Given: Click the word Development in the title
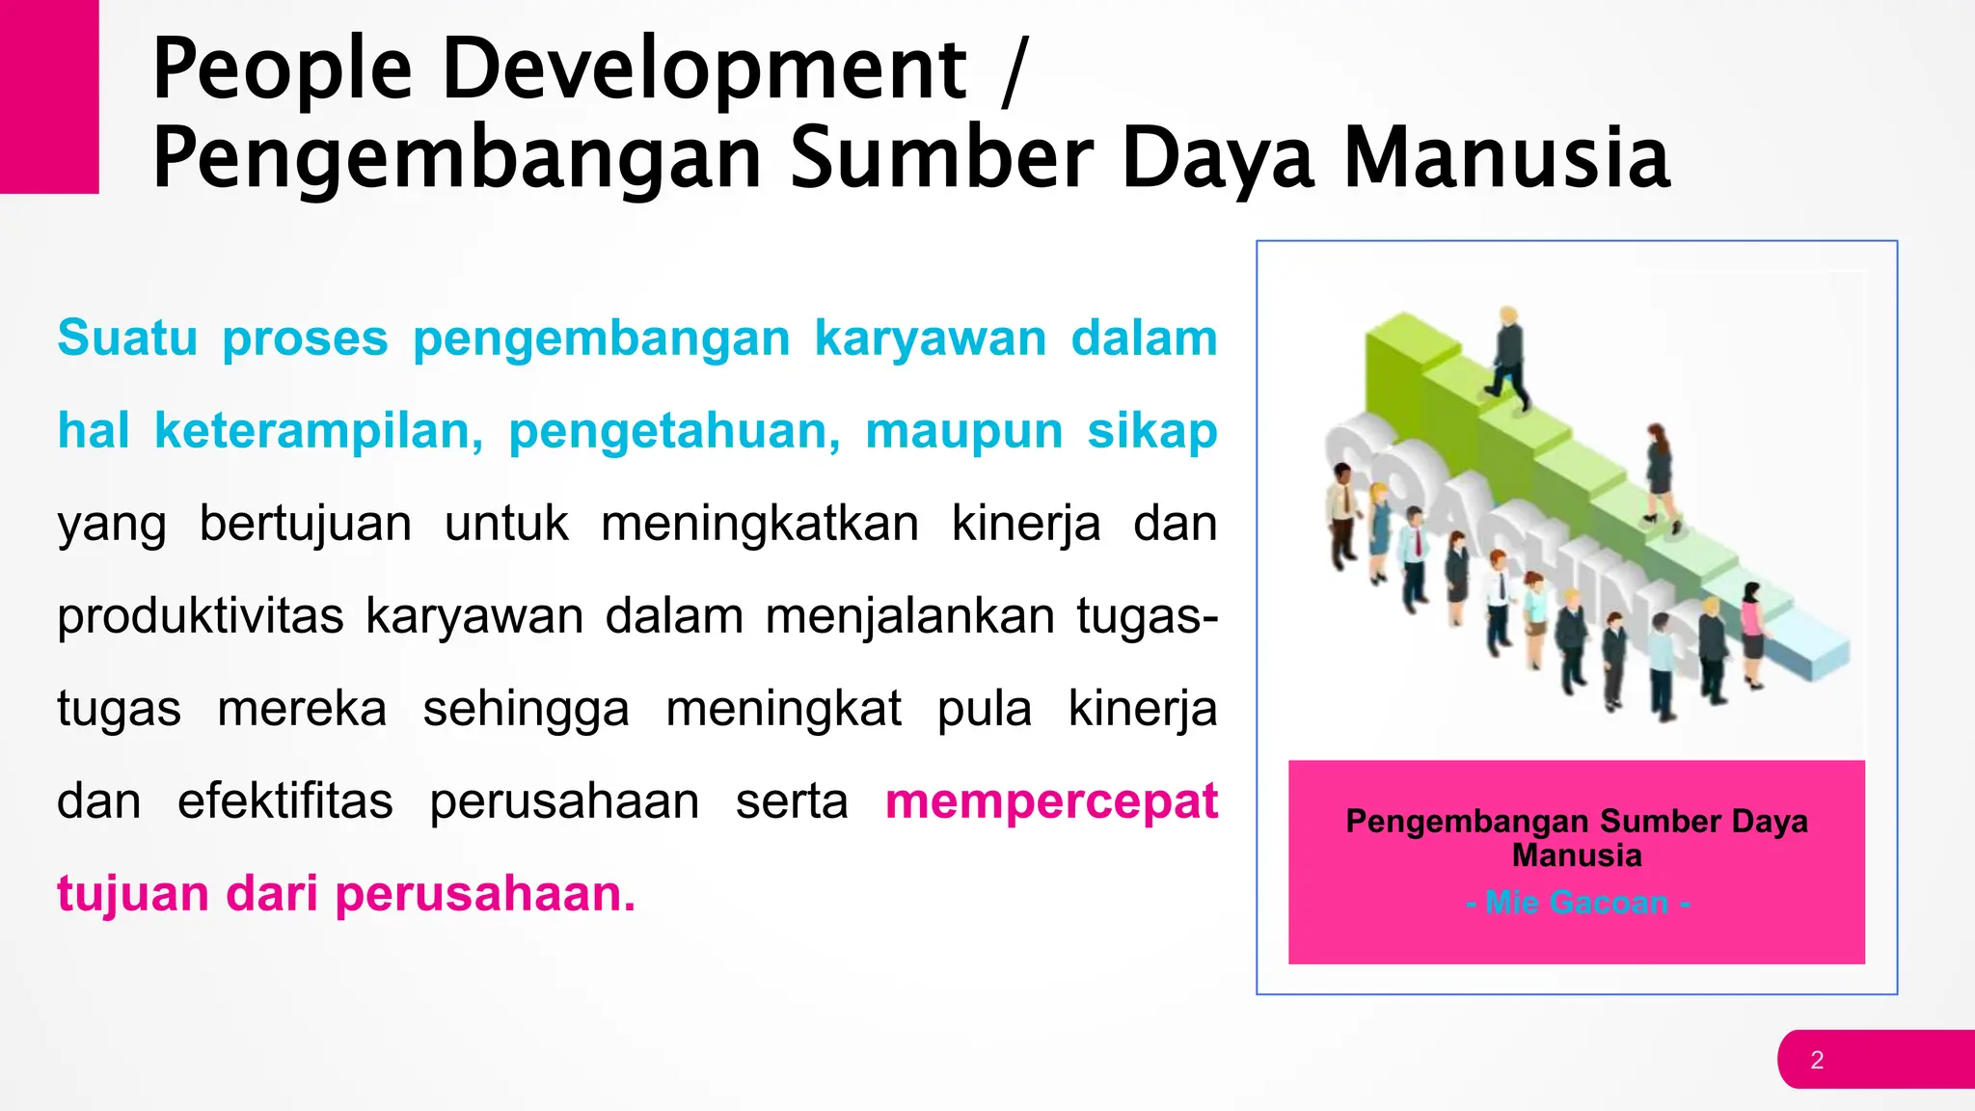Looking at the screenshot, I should (703, 69).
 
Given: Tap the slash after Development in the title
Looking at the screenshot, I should (1014, 69).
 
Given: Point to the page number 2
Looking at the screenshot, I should (1817, 1060).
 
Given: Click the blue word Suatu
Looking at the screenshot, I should (127, 339).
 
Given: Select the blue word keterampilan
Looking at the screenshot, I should (318, 431).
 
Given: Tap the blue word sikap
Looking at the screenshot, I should (1152, 431).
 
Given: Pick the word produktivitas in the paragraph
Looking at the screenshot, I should (200, 616).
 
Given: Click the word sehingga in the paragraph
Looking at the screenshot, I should (526, 709).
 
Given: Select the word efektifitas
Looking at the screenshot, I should (284, 801).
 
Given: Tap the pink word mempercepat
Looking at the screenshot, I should (1051, 801).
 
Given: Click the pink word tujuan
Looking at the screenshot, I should (132, 894).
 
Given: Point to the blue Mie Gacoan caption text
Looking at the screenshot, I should (1577, 903).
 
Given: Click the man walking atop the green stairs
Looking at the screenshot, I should (1509, 359).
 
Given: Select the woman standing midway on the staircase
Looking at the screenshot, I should (1659, 473).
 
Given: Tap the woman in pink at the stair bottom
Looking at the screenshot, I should (1750, 632).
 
